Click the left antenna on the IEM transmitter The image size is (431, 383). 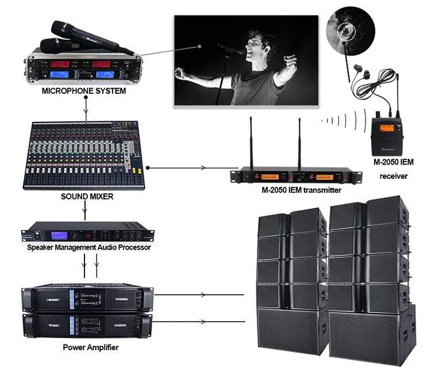(251, 141)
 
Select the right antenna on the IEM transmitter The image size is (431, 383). (299, 141)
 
